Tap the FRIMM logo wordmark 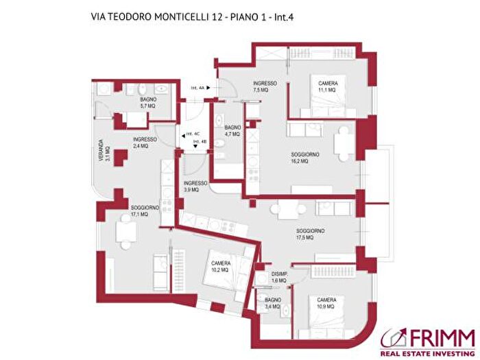point(439,337)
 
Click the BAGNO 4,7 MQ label point(232,130)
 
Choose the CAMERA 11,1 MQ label point(326,86)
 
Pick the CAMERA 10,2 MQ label point(220,265)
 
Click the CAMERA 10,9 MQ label point(326,303)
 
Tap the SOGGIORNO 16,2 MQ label point(305,158)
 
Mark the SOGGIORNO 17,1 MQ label point(145,211)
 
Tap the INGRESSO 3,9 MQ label point(195,187)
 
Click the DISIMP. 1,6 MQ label point(279,277)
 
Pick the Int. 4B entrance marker point(200,142)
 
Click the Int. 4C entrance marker point(191,134)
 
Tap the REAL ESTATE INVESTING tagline point(428,350)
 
